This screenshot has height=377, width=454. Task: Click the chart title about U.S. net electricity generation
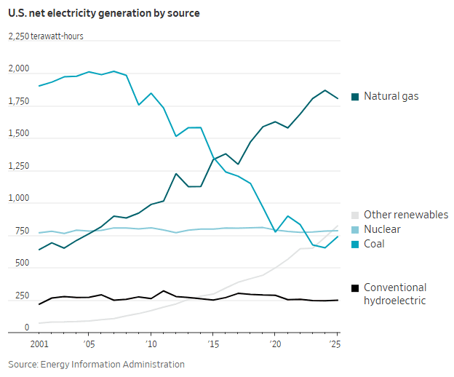(104, 13)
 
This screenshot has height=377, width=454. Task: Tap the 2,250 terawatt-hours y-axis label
(46, 36)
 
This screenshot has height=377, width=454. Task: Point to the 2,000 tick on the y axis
(19, 69)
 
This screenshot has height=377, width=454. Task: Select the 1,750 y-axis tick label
(19, 102)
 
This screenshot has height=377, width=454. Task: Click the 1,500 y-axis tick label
(19, 134)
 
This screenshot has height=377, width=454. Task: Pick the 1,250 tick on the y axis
(19, 167)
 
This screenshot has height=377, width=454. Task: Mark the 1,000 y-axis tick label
(19, 199)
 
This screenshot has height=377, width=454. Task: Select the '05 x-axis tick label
(89, 343)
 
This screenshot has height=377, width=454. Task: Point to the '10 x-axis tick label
(151, 343)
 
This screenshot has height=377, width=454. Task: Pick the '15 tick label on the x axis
(212, 343)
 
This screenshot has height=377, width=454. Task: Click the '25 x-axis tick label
(336, 343)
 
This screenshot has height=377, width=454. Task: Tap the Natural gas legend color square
(355, 96)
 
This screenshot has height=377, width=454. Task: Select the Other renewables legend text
(406, 215)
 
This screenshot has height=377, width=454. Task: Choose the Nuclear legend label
(383, 229)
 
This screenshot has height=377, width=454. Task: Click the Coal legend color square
(355, 244)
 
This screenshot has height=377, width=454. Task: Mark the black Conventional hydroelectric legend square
(355, 287)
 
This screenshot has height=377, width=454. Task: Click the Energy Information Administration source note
(96, 364)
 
